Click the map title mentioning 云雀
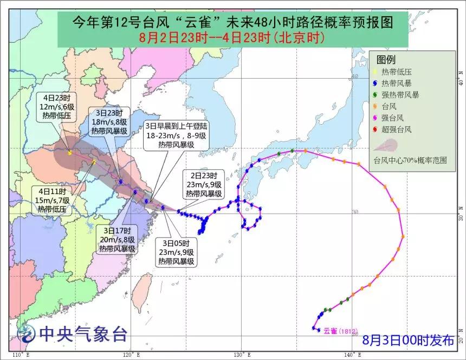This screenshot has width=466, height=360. (232, 22)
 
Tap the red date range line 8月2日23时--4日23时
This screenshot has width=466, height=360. (232, 38)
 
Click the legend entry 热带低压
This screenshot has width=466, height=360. (395, 72)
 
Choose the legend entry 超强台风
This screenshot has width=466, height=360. (397, 130)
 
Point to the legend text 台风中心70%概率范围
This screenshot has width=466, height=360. (410, 160)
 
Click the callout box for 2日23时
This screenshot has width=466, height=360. (203, 184)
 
